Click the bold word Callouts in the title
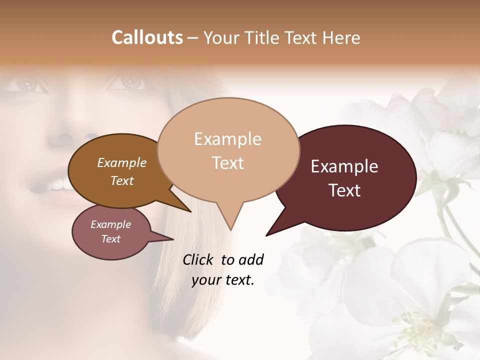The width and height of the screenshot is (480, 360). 147,37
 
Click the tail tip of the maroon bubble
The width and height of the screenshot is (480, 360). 267,235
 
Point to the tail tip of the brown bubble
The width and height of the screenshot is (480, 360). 190,211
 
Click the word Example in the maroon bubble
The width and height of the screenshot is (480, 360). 344,166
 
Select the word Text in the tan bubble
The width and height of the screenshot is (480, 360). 228,163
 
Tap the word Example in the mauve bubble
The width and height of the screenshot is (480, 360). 110,224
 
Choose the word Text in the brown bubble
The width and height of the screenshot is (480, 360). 121,180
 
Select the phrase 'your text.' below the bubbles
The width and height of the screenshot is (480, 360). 223,280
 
